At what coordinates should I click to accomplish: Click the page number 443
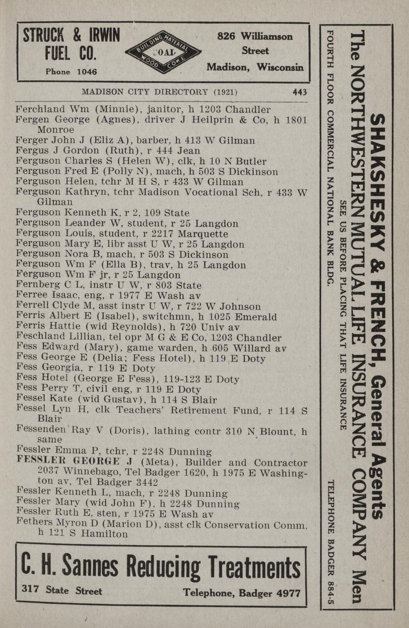[x=299, y=92]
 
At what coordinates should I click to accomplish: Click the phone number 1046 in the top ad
[x=87, y=71]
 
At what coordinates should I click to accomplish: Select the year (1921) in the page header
[x=225, y=92]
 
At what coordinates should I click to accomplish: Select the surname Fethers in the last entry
[x=35, y=524]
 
